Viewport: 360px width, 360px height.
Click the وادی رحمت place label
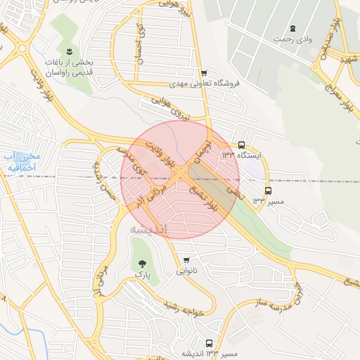pos(292,39)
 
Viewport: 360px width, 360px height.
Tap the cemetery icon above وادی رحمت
pos(292,28)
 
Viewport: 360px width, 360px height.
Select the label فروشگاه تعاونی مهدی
pos(205,83)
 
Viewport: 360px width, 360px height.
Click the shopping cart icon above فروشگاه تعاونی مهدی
pos(204,73)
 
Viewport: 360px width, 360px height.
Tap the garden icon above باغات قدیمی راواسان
pos(69,52)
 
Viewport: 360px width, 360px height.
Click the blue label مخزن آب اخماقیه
pos(21,162)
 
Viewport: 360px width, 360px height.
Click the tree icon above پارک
pos(143,264)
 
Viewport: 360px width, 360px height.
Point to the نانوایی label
pos(186,270)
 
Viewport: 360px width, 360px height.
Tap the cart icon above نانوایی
pos(186,259)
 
